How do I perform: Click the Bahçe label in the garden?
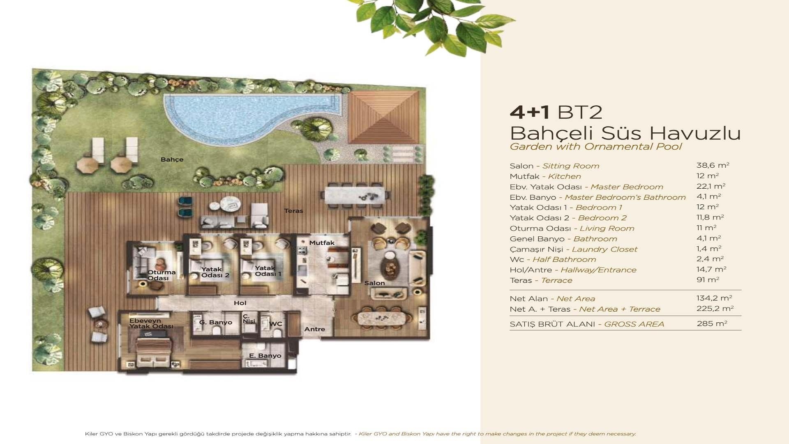pos(172,160)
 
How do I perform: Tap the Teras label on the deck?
pos(293,211)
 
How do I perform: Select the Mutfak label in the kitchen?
pos(322,243)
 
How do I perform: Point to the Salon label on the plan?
pos(374,283)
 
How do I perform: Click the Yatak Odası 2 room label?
pos(215,272)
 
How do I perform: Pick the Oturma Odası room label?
pos(161,275)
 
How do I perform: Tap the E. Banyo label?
pos(265,356)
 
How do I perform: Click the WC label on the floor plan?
pos(276,324)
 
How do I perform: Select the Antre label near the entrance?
pos(314,329)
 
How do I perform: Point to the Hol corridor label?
pos(240,303)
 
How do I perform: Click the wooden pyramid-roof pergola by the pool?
pos(383,117)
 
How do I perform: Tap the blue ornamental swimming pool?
pos(238,115)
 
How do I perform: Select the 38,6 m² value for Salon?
pos(713,165)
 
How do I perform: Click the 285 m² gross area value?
pos(712,324)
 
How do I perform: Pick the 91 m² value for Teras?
pos(708,280)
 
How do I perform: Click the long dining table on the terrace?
pos(355,195)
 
